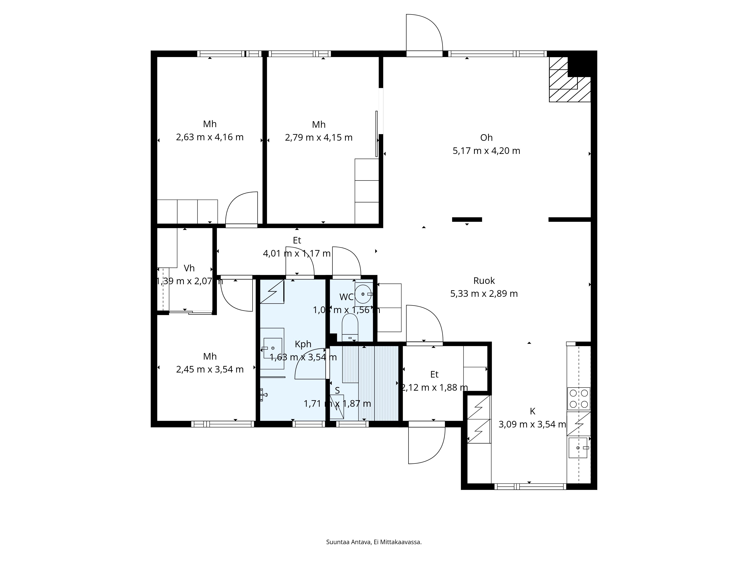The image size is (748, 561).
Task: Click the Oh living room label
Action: [x=486, y=138]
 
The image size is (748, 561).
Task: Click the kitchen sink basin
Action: [x=578, y=448]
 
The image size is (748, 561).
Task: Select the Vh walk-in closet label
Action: [x=189, y=268]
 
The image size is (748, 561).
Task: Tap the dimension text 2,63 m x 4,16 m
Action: [x=210, y=137]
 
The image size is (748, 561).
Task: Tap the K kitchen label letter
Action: [x=532, y=411]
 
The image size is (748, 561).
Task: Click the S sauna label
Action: [x=337, y=391]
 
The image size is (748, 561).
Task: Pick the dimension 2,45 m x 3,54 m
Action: [x=210, y=369]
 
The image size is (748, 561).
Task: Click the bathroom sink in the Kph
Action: [x=273, y=348]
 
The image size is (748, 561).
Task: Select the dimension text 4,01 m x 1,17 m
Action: [x=297, y=253]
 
